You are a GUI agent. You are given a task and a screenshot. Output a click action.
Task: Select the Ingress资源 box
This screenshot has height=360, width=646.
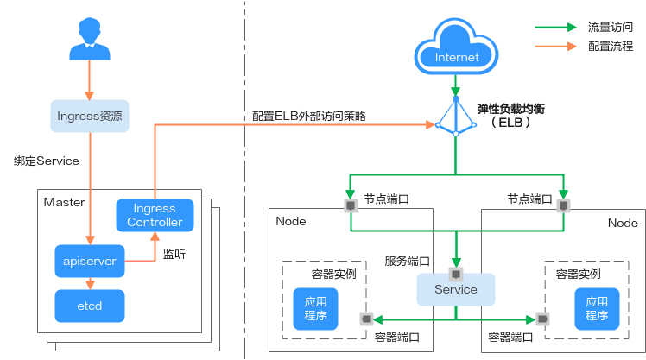[89, 115]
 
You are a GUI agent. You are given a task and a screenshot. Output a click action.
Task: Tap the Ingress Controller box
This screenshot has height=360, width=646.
[155, 215]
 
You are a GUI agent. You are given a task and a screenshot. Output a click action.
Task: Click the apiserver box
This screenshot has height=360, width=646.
[90, 260]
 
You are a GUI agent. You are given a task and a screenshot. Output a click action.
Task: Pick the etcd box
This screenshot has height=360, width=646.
[90, 305]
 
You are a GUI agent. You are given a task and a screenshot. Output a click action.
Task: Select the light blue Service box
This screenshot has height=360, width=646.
[456, 289]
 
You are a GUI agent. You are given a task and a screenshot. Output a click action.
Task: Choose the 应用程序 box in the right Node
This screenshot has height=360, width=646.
[596, 308]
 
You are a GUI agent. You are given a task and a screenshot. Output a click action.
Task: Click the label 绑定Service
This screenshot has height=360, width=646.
[46, 161]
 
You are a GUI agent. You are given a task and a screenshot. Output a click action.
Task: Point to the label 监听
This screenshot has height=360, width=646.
[174, 255]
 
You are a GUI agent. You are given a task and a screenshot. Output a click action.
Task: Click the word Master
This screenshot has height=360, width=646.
[65, 203]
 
